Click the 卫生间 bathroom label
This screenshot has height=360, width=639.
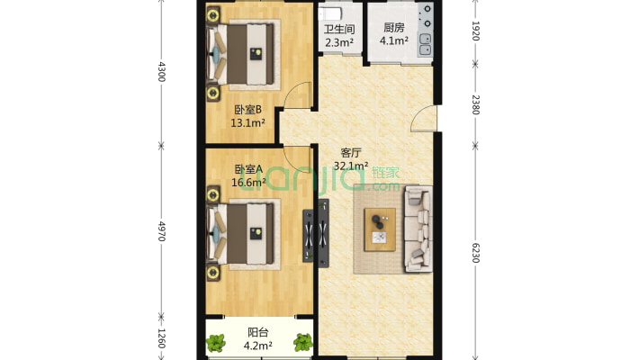click(339, 29)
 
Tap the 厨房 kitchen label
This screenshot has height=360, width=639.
click(394, 27)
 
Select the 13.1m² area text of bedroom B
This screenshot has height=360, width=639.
click(248, 122)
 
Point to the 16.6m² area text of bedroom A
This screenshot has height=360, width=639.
click(248, 182)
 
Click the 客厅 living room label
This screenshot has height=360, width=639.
click(351, 153)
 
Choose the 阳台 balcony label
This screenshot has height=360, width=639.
click(258, 332)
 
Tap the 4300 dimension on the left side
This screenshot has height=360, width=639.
click(162, 72)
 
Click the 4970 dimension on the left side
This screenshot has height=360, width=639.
click(162, 231)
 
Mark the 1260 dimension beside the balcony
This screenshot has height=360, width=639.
click(162, 338)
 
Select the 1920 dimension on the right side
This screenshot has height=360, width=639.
click(475, 31)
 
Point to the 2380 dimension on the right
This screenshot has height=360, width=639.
click(475, 104)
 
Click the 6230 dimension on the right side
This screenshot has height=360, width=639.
click(475, 253)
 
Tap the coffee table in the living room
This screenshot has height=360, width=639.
click(380, 229)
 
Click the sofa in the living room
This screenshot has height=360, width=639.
click(418, 229)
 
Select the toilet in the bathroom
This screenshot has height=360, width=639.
click(330, 13)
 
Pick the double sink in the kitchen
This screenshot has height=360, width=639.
click(425, 44)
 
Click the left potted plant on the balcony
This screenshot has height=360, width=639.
click(216, 343)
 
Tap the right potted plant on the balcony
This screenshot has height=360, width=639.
click(303, 343)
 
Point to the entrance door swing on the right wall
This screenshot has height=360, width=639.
click(424, 118)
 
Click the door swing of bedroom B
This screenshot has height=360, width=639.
click(298, 95)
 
